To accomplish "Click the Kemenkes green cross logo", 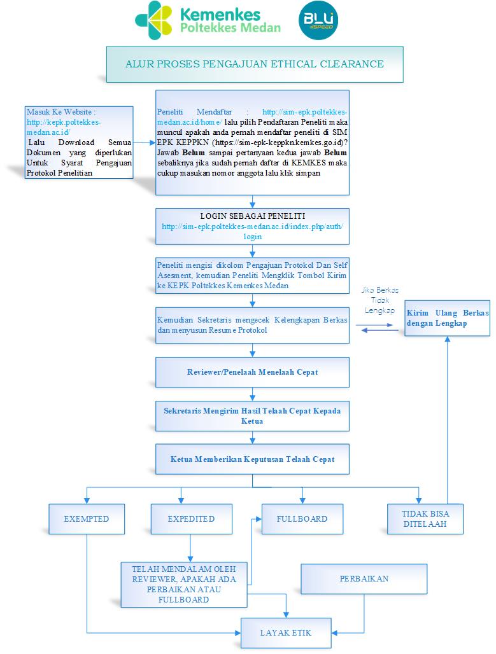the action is tap(153, 20).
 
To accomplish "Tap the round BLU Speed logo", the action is tap(318, 20).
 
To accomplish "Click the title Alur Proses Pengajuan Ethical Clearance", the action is tap(255, 64).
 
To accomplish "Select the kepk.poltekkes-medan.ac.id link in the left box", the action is tap(64, 127).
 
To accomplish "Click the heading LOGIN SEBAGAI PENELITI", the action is tap(253, 216).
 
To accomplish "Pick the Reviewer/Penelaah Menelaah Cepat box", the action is tap(252, 372).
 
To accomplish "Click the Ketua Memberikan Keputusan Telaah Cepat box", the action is tap(252, 459).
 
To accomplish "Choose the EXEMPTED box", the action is tap(87, 519).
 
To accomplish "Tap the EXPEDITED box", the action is tap(191, 519).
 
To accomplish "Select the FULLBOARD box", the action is tap(302, 519).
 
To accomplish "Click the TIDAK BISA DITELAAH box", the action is tap(425, 519).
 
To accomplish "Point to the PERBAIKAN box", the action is tap(364, 579).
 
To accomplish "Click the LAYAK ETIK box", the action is tap(286, 633).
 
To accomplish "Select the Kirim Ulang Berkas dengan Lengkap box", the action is tap(447, 318).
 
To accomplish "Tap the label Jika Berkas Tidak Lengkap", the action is tap(380, 300).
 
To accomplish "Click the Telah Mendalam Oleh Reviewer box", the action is tap(184, 585).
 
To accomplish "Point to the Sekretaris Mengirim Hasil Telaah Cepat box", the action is tap(252, 416).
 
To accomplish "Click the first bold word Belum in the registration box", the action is tap(194, 153).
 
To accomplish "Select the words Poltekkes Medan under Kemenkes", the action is tap(230, 28).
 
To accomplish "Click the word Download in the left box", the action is tap(76, 143).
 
